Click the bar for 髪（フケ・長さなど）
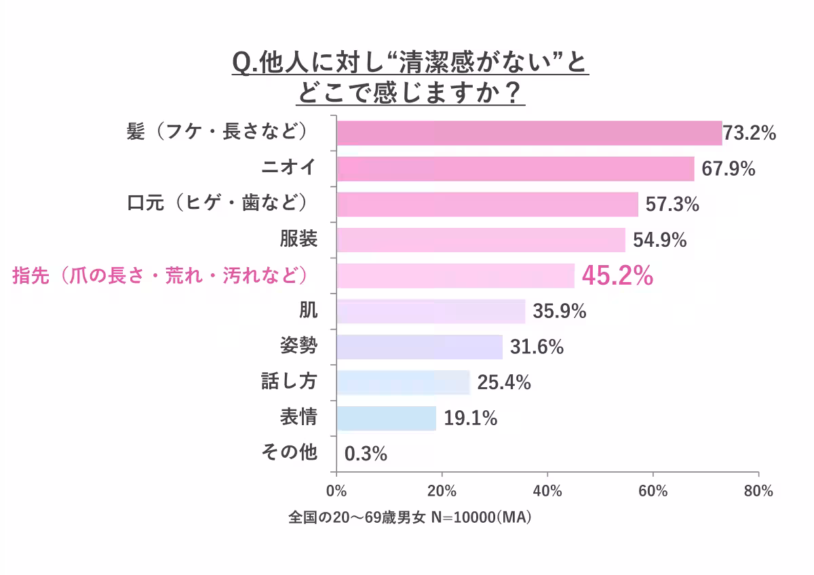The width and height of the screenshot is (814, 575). (x=529, y=133)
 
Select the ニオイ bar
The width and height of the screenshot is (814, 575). (x=516, y=169)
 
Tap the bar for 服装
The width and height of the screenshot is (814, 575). (x=481, y=240)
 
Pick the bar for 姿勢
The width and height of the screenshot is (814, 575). (x=420, y=347)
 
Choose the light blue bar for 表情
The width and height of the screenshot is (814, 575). (x=386, y=418)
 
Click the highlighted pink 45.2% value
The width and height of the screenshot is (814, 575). (x=617, y=276)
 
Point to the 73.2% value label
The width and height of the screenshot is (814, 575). (x=749, y=134)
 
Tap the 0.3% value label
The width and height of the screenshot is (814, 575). (x=366, y=454)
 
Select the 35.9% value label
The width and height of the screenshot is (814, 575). (x=559, y=312)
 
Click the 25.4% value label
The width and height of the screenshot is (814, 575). (x=503, y=383)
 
